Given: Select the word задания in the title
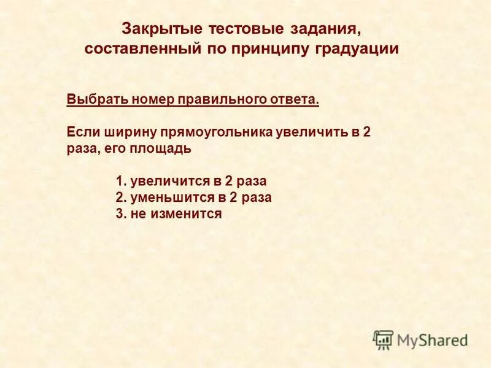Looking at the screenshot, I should coord(322,29).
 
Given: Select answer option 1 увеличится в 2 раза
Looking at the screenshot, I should coord(191,182).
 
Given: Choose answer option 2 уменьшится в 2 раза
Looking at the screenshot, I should coord(193,198).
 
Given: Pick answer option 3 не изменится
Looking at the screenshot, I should coord(168,214).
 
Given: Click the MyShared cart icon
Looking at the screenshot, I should coord(383,339).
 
